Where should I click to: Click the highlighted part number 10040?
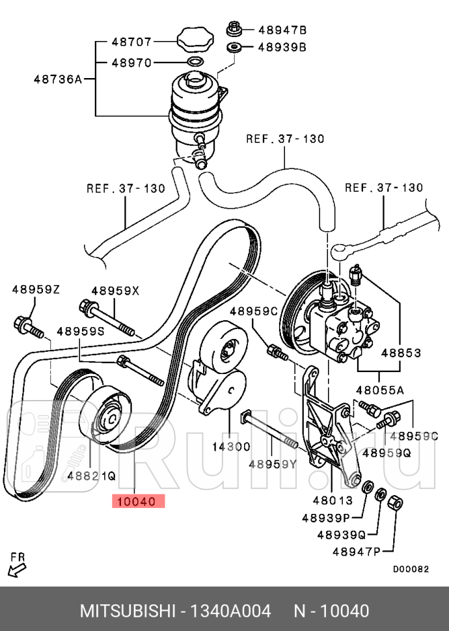(x=139, y=502)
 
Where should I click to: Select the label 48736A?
(x=57, y=79)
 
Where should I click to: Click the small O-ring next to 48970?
(x=193, y=62)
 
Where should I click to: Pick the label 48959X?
(x=115, y=291)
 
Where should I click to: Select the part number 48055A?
(x=379, y=390)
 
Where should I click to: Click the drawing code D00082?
(x=411, y=568)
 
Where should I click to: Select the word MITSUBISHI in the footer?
(x=128, y=611)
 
